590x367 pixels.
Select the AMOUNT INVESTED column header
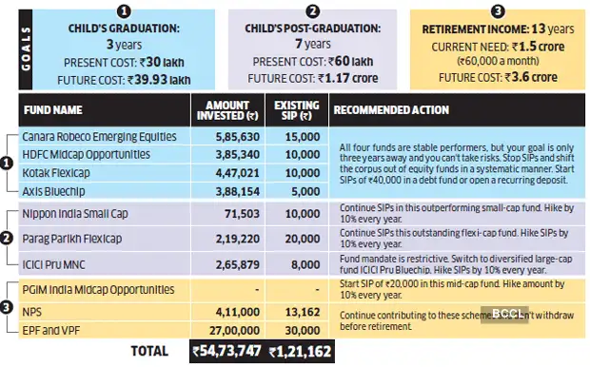point(225,109)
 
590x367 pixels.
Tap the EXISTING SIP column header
point(295,109)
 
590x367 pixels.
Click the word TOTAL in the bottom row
point(146,351)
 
